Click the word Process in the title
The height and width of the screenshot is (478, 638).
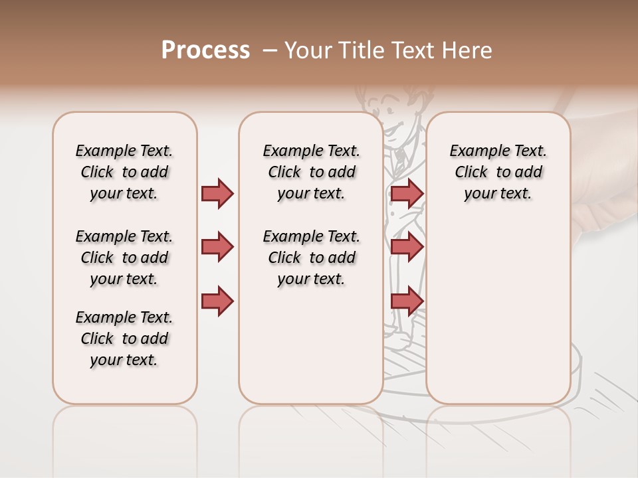click(205, 50)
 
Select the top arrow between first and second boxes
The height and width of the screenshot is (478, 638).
click(217, 193)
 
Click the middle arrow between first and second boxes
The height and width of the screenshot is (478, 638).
click(217, 247)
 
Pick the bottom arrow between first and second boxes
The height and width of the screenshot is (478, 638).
click(217, 301)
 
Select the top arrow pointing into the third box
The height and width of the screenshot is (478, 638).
click(407, 193)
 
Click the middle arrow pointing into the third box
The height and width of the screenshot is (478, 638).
click(407, 247)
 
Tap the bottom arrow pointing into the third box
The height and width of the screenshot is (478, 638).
click(407, 301)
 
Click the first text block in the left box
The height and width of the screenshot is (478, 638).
click(124, 172)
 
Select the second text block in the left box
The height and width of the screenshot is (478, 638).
click(124, 258)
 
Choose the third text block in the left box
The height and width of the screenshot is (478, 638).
click(124, 339)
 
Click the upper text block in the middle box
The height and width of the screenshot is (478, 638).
click(311, 172)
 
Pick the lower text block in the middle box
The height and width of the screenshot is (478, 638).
click(311, 258)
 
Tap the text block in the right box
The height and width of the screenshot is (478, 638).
click(498, 172)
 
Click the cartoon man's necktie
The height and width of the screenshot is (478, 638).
click(400, 159)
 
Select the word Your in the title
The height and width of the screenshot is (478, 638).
click(308, 50)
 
